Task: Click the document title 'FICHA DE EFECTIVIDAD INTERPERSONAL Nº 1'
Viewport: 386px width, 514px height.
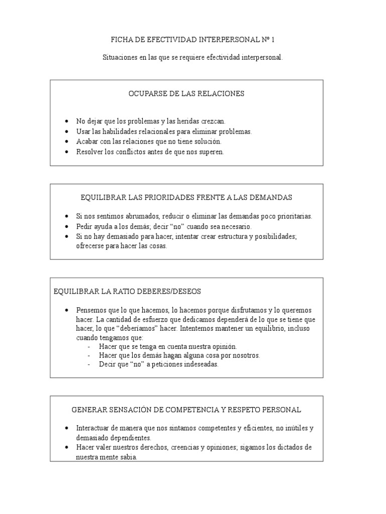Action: [193, 39]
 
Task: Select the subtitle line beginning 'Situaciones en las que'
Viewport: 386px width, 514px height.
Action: [193, 58]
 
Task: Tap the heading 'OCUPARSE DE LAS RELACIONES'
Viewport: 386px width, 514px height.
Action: [186, 93]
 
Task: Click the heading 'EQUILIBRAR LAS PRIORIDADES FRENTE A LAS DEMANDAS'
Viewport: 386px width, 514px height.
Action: [186, 197]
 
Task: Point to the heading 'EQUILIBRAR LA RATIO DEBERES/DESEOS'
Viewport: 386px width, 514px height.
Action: [127, 291]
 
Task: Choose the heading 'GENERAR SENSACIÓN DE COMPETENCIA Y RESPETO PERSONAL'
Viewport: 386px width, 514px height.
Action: [186, 410]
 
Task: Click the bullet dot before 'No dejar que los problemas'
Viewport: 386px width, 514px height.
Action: [66, 121]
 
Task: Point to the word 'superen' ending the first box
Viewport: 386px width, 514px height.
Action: [212, 152]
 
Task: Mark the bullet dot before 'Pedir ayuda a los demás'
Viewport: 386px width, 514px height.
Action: [66, 226]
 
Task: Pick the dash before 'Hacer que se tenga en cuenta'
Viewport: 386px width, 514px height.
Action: [89, 347]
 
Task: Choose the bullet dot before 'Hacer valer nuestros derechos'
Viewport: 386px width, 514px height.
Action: [66, 447]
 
